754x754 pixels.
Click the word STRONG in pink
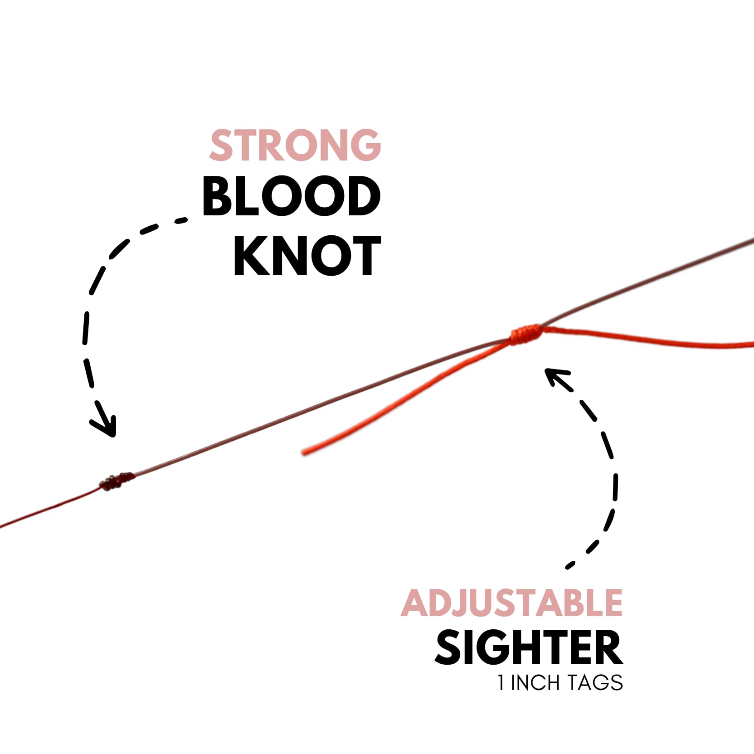(295, 145)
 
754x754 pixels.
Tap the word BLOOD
(291, 196)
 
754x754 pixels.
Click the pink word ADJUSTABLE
(512, 603)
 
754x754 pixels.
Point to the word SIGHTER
(529, 647)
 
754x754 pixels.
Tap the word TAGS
(594, 682)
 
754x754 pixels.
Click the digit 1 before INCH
(501, 682)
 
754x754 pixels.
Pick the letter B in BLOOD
(219, 196)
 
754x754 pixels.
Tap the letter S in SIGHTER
(449, 647)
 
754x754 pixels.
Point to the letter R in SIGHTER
(609, 647)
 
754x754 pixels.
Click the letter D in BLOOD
(363, 196)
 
